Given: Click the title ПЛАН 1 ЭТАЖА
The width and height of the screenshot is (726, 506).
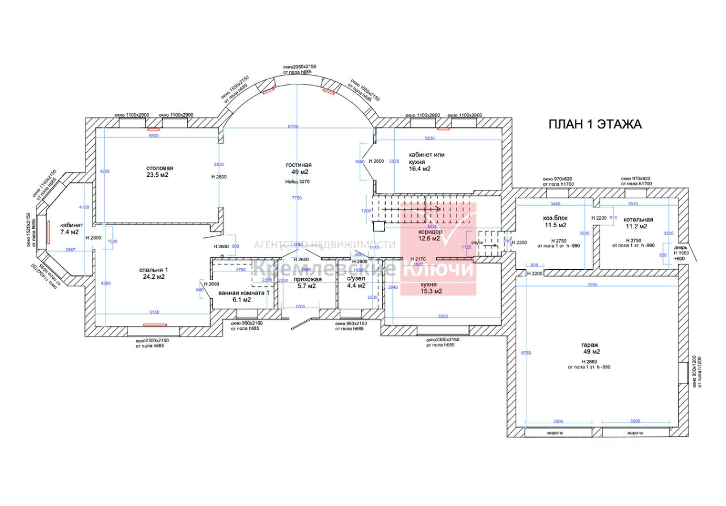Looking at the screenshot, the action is [x=594, y=125].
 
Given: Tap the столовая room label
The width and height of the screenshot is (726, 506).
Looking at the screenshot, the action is [x=159, y=168].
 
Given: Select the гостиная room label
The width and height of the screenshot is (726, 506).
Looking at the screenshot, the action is [x=298, y=165].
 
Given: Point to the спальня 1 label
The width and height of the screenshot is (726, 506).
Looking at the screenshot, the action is [x=154, y=269].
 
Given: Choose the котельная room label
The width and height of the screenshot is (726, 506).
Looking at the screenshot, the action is [x=638, y=219].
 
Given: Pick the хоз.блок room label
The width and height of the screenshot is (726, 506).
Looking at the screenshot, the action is [x=555, y=218].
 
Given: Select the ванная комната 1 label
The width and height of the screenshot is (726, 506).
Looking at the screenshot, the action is [x=243, y=292].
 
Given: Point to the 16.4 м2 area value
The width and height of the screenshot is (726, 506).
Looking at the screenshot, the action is [x=419, y=168].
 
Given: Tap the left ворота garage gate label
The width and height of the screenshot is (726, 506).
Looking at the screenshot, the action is [x=554, y=433].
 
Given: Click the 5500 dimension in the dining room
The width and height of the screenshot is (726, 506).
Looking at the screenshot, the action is [x=153, y=137].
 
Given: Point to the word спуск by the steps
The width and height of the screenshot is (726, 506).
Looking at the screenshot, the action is [x=476, y=242].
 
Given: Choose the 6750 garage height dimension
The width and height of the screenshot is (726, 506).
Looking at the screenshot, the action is [x=526, y=353].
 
